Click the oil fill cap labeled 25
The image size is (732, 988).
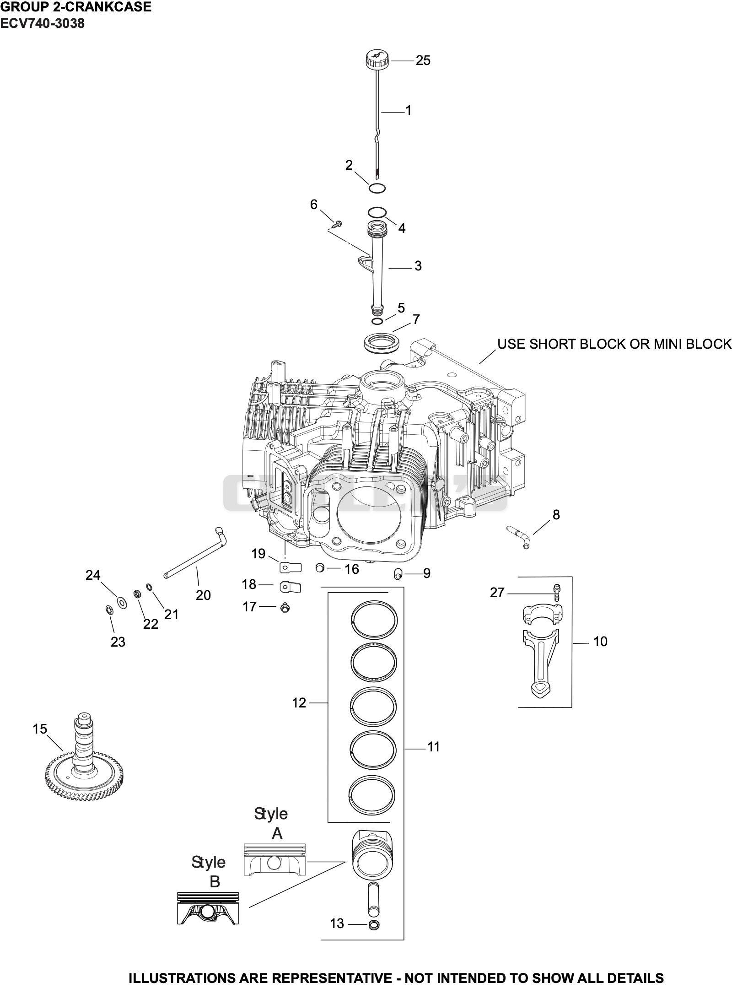(377, 60)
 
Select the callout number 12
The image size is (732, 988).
(299, 702)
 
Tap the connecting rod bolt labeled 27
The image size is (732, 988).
(557, 593)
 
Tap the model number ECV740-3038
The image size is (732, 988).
(42, 24)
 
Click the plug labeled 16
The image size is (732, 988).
(320, 568)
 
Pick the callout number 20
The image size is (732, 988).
(203, 595)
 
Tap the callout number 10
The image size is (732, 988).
(600, 642)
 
